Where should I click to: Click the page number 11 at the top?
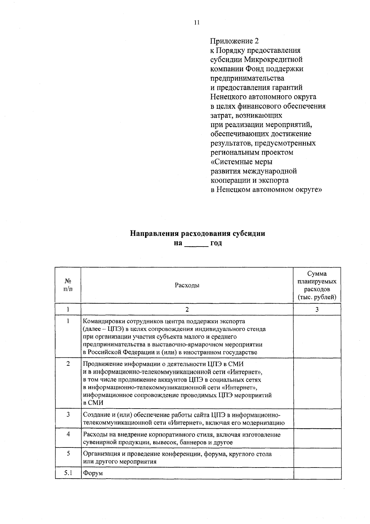197,22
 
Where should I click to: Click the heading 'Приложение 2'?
234,41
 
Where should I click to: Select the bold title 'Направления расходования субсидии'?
197,233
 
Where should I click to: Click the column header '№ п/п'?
68,285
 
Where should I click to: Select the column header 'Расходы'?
187,285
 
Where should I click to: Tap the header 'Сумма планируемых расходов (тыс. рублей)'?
317,285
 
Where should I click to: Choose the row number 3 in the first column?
68,414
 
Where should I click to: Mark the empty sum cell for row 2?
317,383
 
